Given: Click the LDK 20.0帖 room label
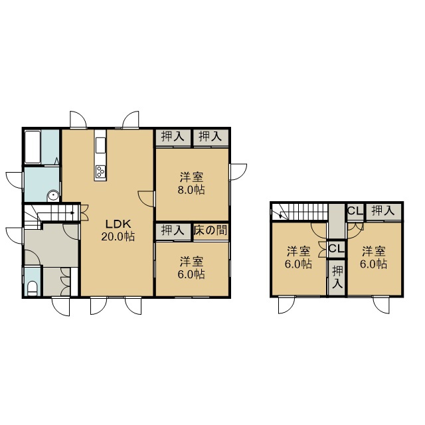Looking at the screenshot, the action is tap(118, 230).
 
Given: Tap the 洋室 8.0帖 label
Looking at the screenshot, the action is tap(191, 184).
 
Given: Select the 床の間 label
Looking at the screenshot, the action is tap(211, 230).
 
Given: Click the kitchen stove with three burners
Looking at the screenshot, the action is tap(100, 171).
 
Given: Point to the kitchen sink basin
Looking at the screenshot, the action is tap(100, 145).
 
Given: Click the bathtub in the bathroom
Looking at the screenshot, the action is tap(33, 147).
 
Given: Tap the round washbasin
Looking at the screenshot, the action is tap(53, 195).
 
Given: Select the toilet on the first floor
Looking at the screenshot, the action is tap(33, 288).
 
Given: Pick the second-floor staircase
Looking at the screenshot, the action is tap(300, 212).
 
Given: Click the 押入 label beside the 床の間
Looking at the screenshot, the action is tap(173, 230).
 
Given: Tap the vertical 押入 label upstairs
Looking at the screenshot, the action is tap(337, 277).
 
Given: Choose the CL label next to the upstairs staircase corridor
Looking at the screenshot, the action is tap(355, 211).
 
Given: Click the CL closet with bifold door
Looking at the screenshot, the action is tap(337, 248).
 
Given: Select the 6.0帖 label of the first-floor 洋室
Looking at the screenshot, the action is tap(191, 274).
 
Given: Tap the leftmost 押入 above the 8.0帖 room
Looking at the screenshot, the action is tap(173, 136).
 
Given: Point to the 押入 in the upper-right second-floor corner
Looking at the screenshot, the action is tap(383, 211).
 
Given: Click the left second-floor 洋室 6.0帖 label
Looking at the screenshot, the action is tap(298, 258).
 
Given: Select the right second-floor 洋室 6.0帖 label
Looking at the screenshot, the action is tap(374, 258).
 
